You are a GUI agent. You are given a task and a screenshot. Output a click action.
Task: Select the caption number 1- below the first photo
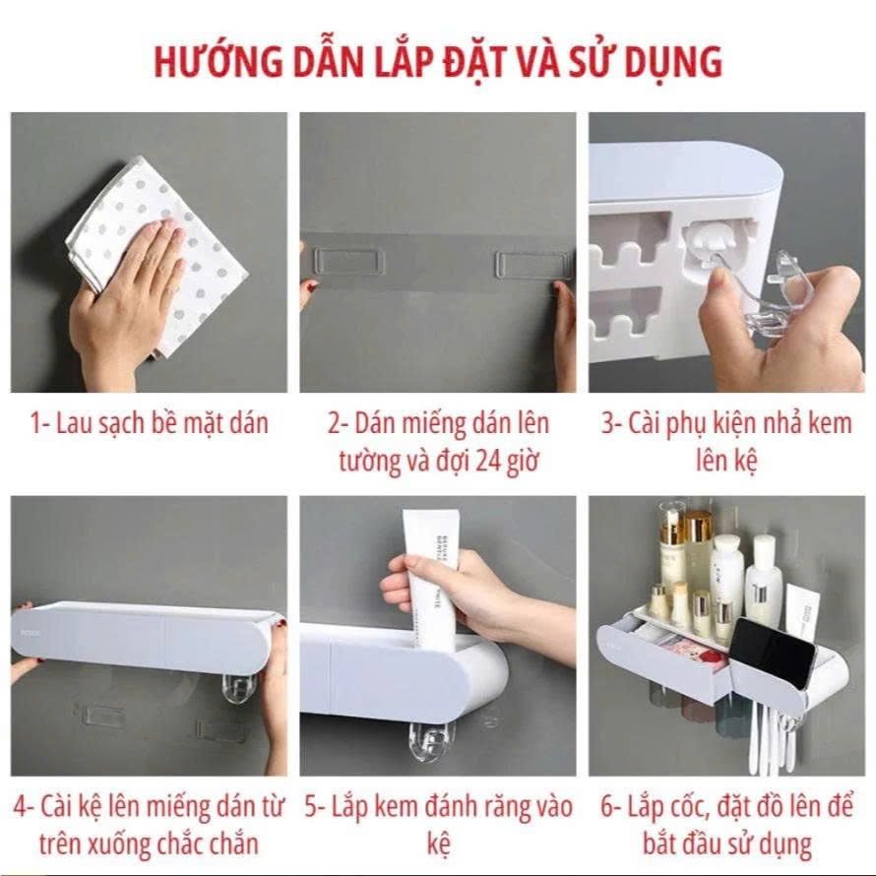point(39,424)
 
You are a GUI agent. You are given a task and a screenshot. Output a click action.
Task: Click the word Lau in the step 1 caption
point(76,424)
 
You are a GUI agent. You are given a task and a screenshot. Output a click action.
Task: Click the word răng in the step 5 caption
point(482,808)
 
